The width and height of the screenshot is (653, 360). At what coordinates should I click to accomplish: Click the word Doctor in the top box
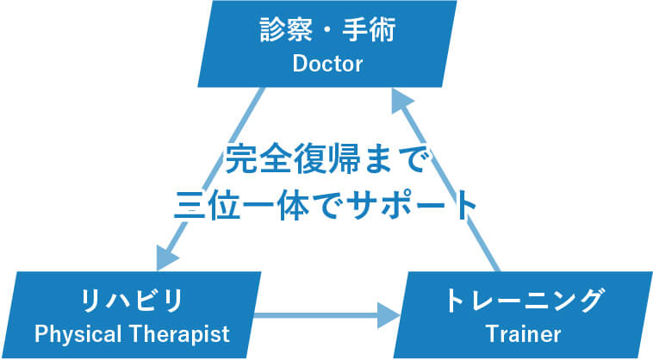click(327, 64)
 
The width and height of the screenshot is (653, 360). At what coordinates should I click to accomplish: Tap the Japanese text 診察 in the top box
click(286, 29)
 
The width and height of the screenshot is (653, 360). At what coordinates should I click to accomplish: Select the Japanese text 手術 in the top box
click(369, 29)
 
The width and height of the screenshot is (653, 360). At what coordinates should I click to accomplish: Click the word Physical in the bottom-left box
click(78, 334)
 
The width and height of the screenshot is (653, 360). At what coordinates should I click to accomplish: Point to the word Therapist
click(179, 334)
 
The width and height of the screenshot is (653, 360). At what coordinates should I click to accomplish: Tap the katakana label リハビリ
click(132, 301)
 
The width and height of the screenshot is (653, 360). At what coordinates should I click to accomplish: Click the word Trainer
click(523, 334)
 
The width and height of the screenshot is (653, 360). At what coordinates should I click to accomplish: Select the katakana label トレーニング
click(524, 301)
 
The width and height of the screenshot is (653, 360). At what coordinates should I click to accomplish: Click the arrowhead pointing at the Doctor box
click(401, 101)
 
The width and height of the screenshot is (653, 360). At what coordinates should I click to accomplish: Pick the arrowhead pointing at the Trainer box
click(389, 315)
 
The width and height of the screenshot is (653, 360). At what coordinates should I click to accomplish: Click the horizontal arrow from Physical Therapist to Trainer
click(326, 315)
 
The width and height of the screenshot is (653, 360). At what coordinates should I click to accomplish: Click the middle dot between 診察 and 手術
click(327, 30)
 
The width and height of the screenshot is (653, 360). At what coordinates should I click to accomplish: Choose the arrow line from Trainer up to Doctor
click(445, 180)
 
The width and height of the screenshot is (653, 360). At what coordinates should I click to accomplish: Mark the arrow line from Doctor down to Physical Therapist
click(210, 180)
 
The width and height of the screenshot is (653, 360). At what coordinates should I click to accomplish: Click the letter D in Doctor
click(300, 64)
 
